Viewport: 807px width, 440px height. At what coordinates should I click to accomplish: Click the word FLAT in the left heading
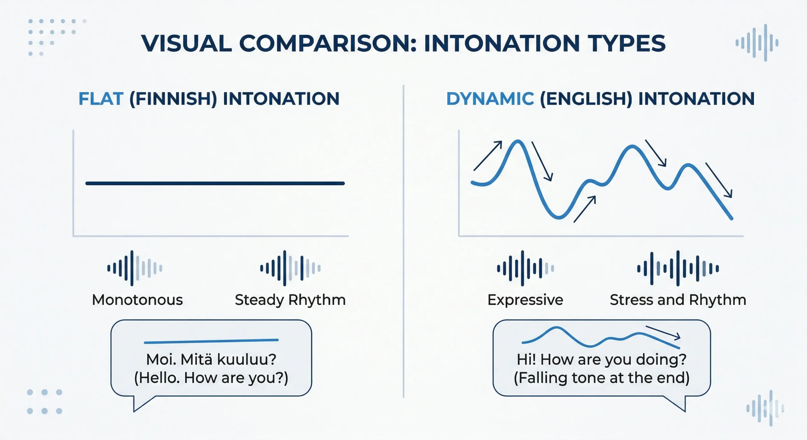click(x=101, y=99)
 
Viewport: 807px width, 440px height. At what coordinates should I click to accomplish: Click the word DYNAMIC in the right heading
click(x=490, y=99)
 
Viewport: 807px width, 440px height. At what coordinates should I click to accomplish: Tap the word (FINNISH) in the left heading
click(x=173, y=99)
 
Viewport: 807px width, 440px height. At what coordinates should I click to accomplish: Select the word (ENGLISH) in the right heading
click(x=586, y=99)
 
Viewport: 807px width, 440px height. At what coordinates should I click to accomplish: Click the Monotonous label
click(x=137, y=300)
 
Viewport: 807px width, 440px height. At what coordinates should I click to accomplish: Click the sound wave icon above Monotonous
click(x=135, y=268)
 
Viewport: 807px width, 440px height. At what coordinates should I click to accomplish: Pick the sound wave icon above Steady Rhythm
click(x=290, y=268)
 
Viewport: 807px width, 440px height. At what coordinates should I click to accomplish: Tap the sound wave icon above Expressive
click(x=525, y=268)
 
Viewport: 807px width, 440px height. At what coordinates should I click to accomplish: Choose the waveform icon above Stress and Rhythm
click(x=678, y=268)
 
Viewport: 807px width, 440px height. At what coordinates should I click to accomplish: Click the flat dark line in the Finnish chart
click(x=215, y=183)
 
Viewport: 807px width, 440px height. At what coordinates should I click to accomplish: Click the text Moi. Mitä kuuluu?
click(x=211, y=359)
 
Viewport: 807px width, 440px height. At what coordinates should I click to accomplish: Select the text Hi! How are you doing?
click(x=601, y=360)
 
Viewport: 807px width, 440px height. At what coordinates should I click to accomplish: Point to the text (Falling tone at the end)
click(x=601, y=378)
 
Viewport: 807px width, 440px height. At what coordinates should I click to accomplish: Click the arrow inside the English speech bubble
click(x=663, y=333)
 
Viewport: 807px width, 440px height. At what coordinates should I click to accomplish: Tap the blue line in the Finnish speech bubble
click(x=211, y=341)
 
